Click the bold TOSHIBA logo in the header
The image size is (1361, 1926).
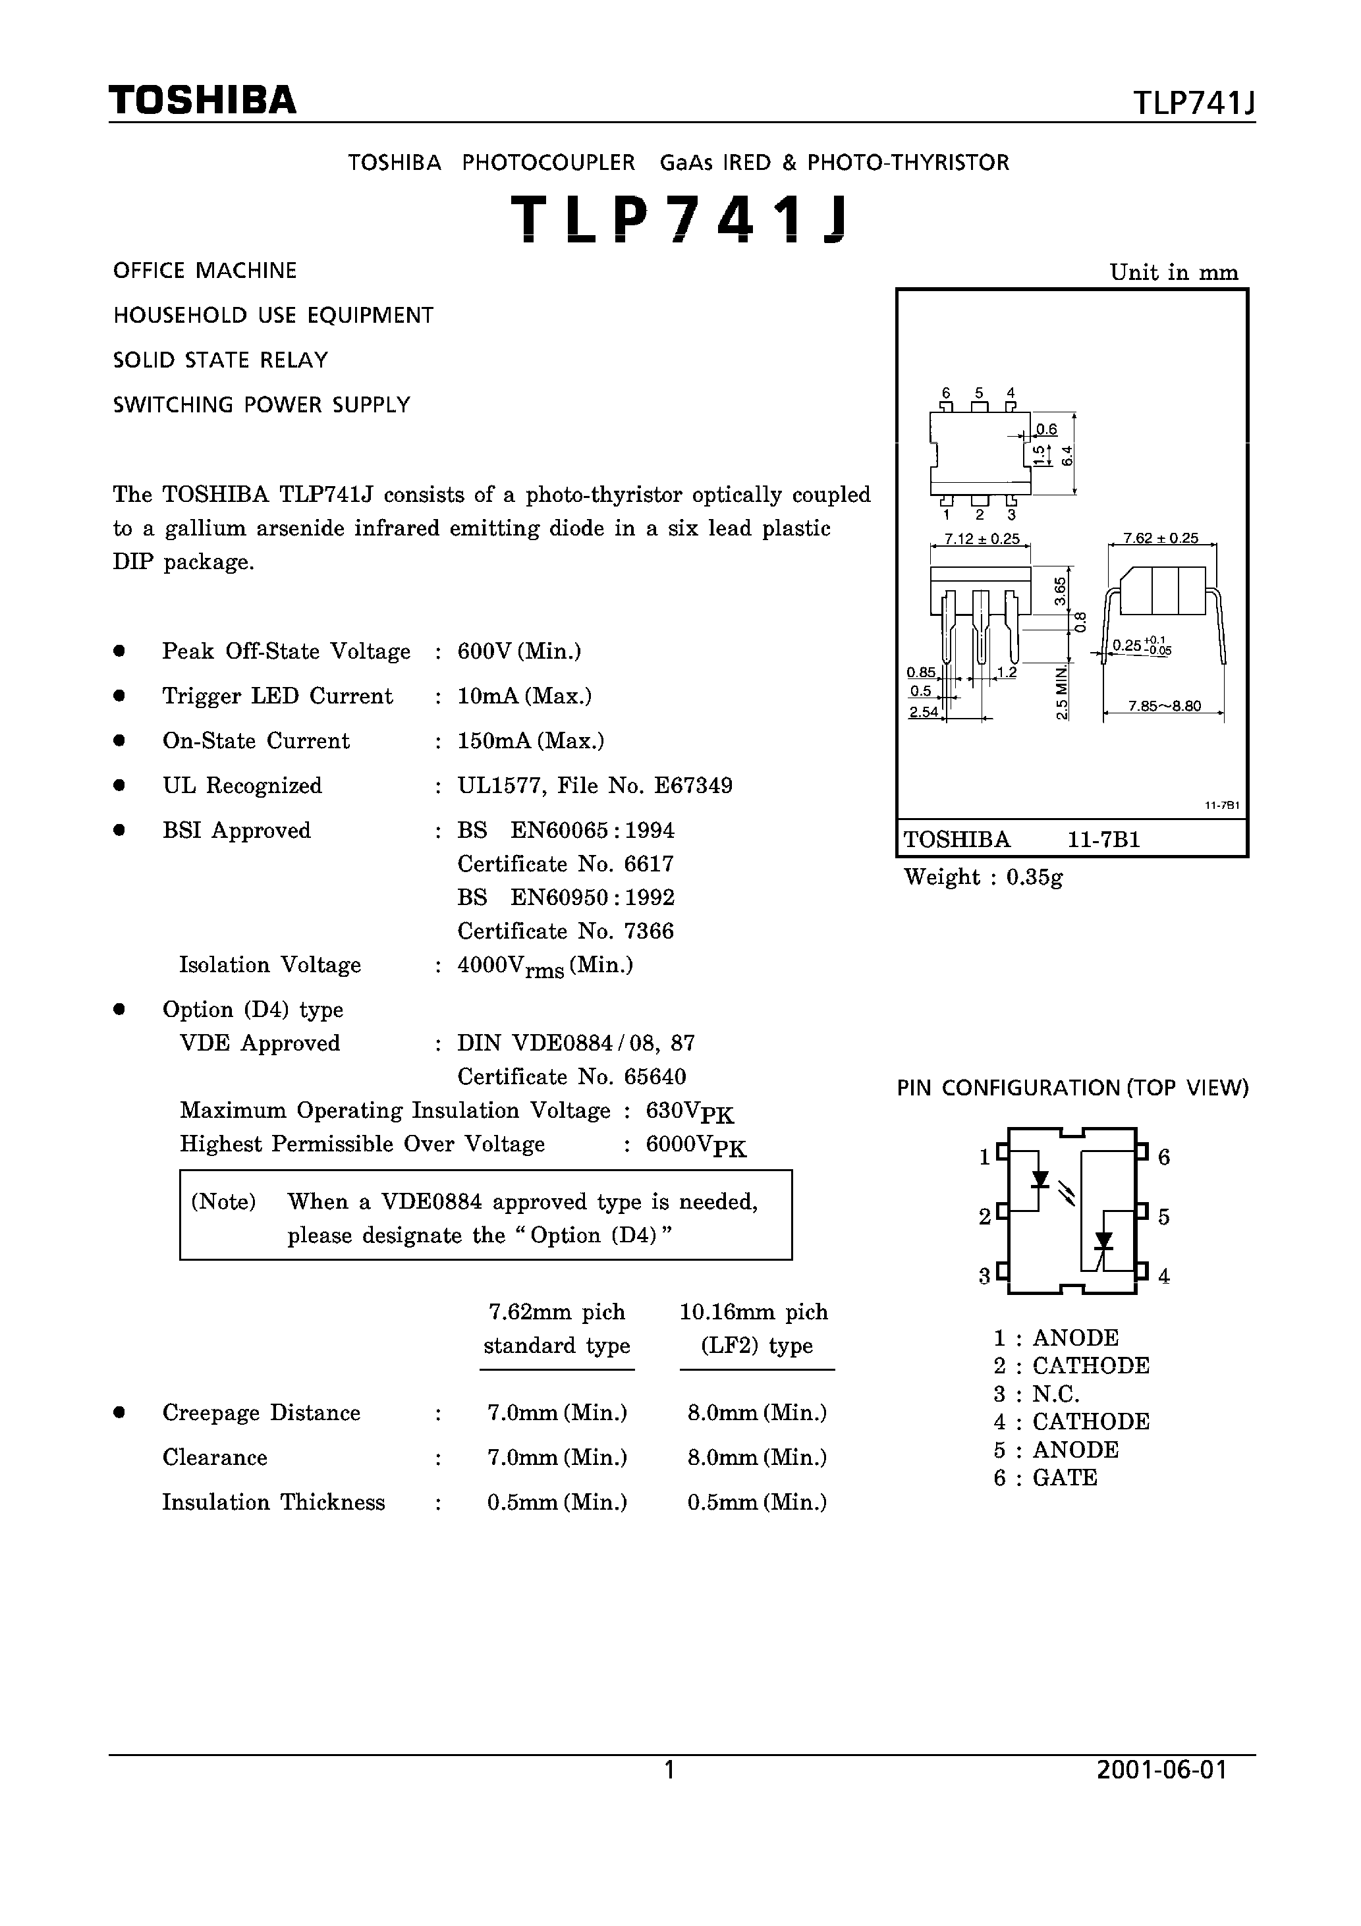[x=202, y=101]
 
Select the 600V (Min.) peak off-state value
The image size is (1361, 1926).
[x=519, y=652]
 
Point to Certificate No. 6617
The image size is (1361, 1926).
[x=565, y=864]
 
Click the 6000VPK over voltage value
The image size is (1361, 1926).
[x=696, y=1146]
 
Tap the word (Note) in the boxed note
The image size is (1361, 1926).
[x=223, y=1202]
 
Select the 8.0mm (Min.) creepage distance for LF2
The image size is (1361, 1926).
[x=757, y=1413]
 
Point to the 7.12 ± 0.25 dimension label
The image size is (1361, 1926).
[x=981, y=539]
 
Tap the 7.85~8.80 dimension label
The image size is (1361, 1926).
[x=1164, y=705]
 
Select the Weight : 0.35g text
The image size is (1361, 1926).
[x=983, y=877]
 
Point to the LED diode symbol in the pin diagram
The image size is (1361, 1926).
[x=1040, y=1180]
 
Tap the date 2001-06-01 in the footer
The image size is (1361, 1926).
[x=1161, y=1770]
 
